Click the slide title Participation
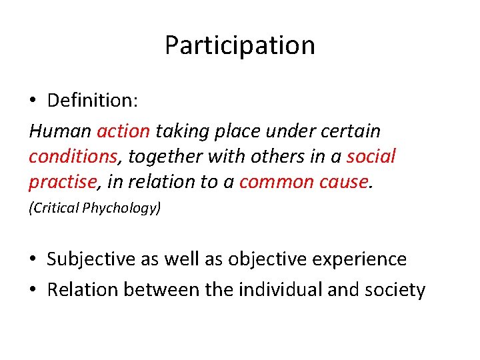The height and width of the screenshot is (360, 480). (x=239, y=45)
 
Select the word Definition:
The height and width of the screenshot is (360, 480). (x=92, y=101)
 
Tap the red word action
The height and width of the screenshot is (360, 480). (x=123, y=131)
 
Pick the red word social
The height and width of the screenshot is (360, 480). (x=371, y=156)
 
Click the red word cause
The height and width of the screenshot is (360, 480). (x=346, y=182)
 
